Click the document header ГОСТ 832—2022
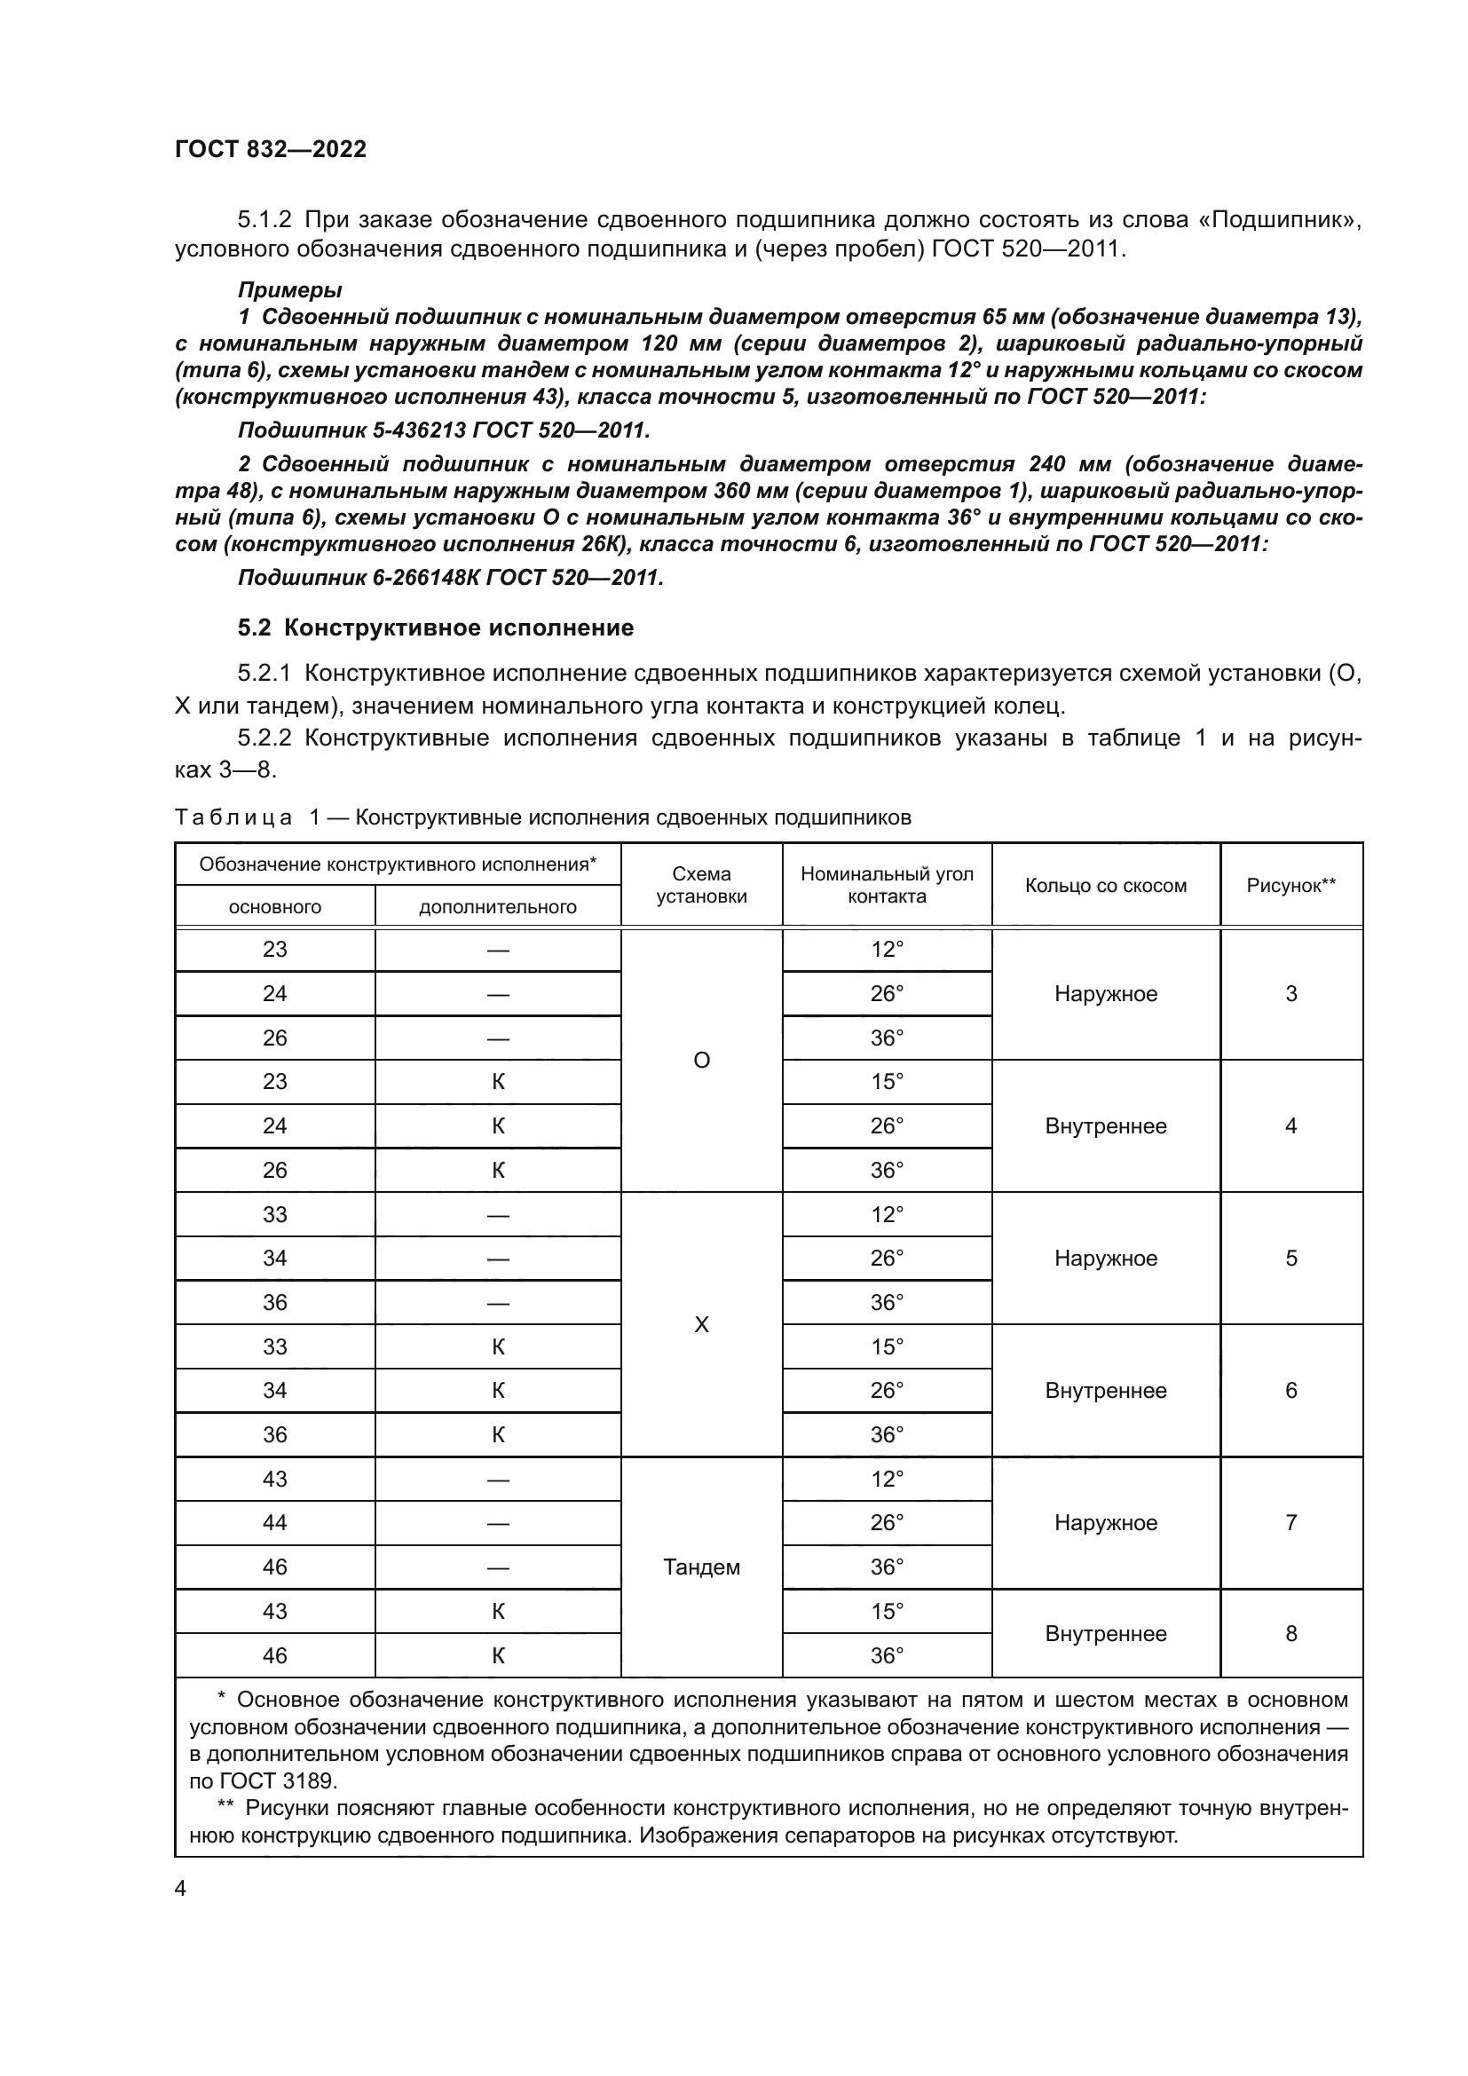point(271,149)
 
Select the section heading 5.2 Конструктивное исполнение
point(435,628)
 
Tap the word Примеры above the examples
point(289,290)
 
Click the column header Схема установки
point(700,885)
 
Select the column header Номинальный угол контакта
point(886,885)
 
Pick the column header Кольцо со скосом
point(1105,886)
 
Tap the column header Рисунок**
point(1290,886)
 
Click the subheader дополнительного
point(497,907)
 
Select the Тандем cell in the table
point(700,1567)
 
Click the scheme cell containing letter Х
point(700,1324)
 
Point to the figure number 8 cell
point(1290,1634)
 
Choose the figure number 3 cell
point(1290,994)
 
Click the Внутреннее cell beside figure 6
point(1105,1391)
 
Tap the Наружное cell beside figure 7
point(1105,1524)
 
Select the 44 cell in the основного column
point(274,1524)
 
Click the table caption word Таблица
point(233,818)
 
